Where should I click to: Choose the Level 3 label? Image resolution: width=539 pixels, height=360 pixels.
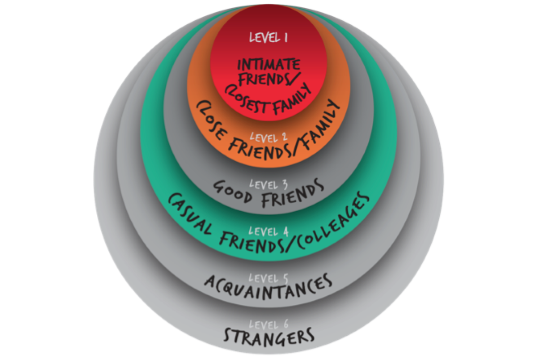tap(268, 183)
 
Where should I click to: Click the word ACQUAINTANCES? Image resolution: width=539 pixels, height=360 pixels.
tap(268, 284)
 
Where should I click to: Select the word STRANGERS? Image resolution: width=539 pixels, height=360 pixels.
tap(268, 335)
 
